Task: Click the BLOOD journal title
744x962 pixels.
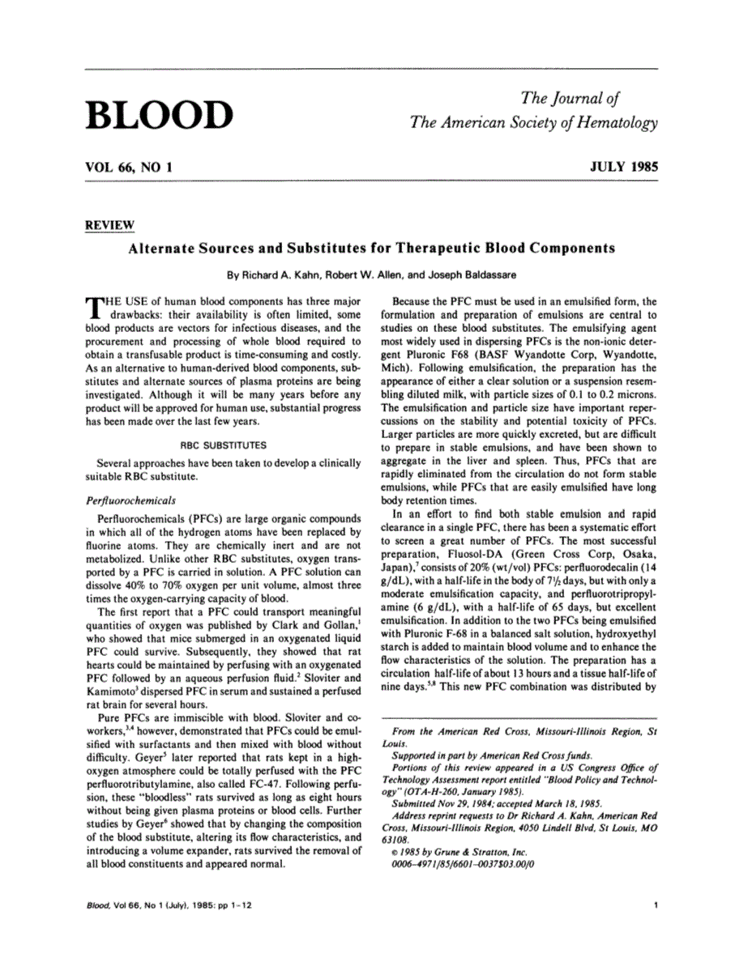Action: (x=159, y=115)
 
